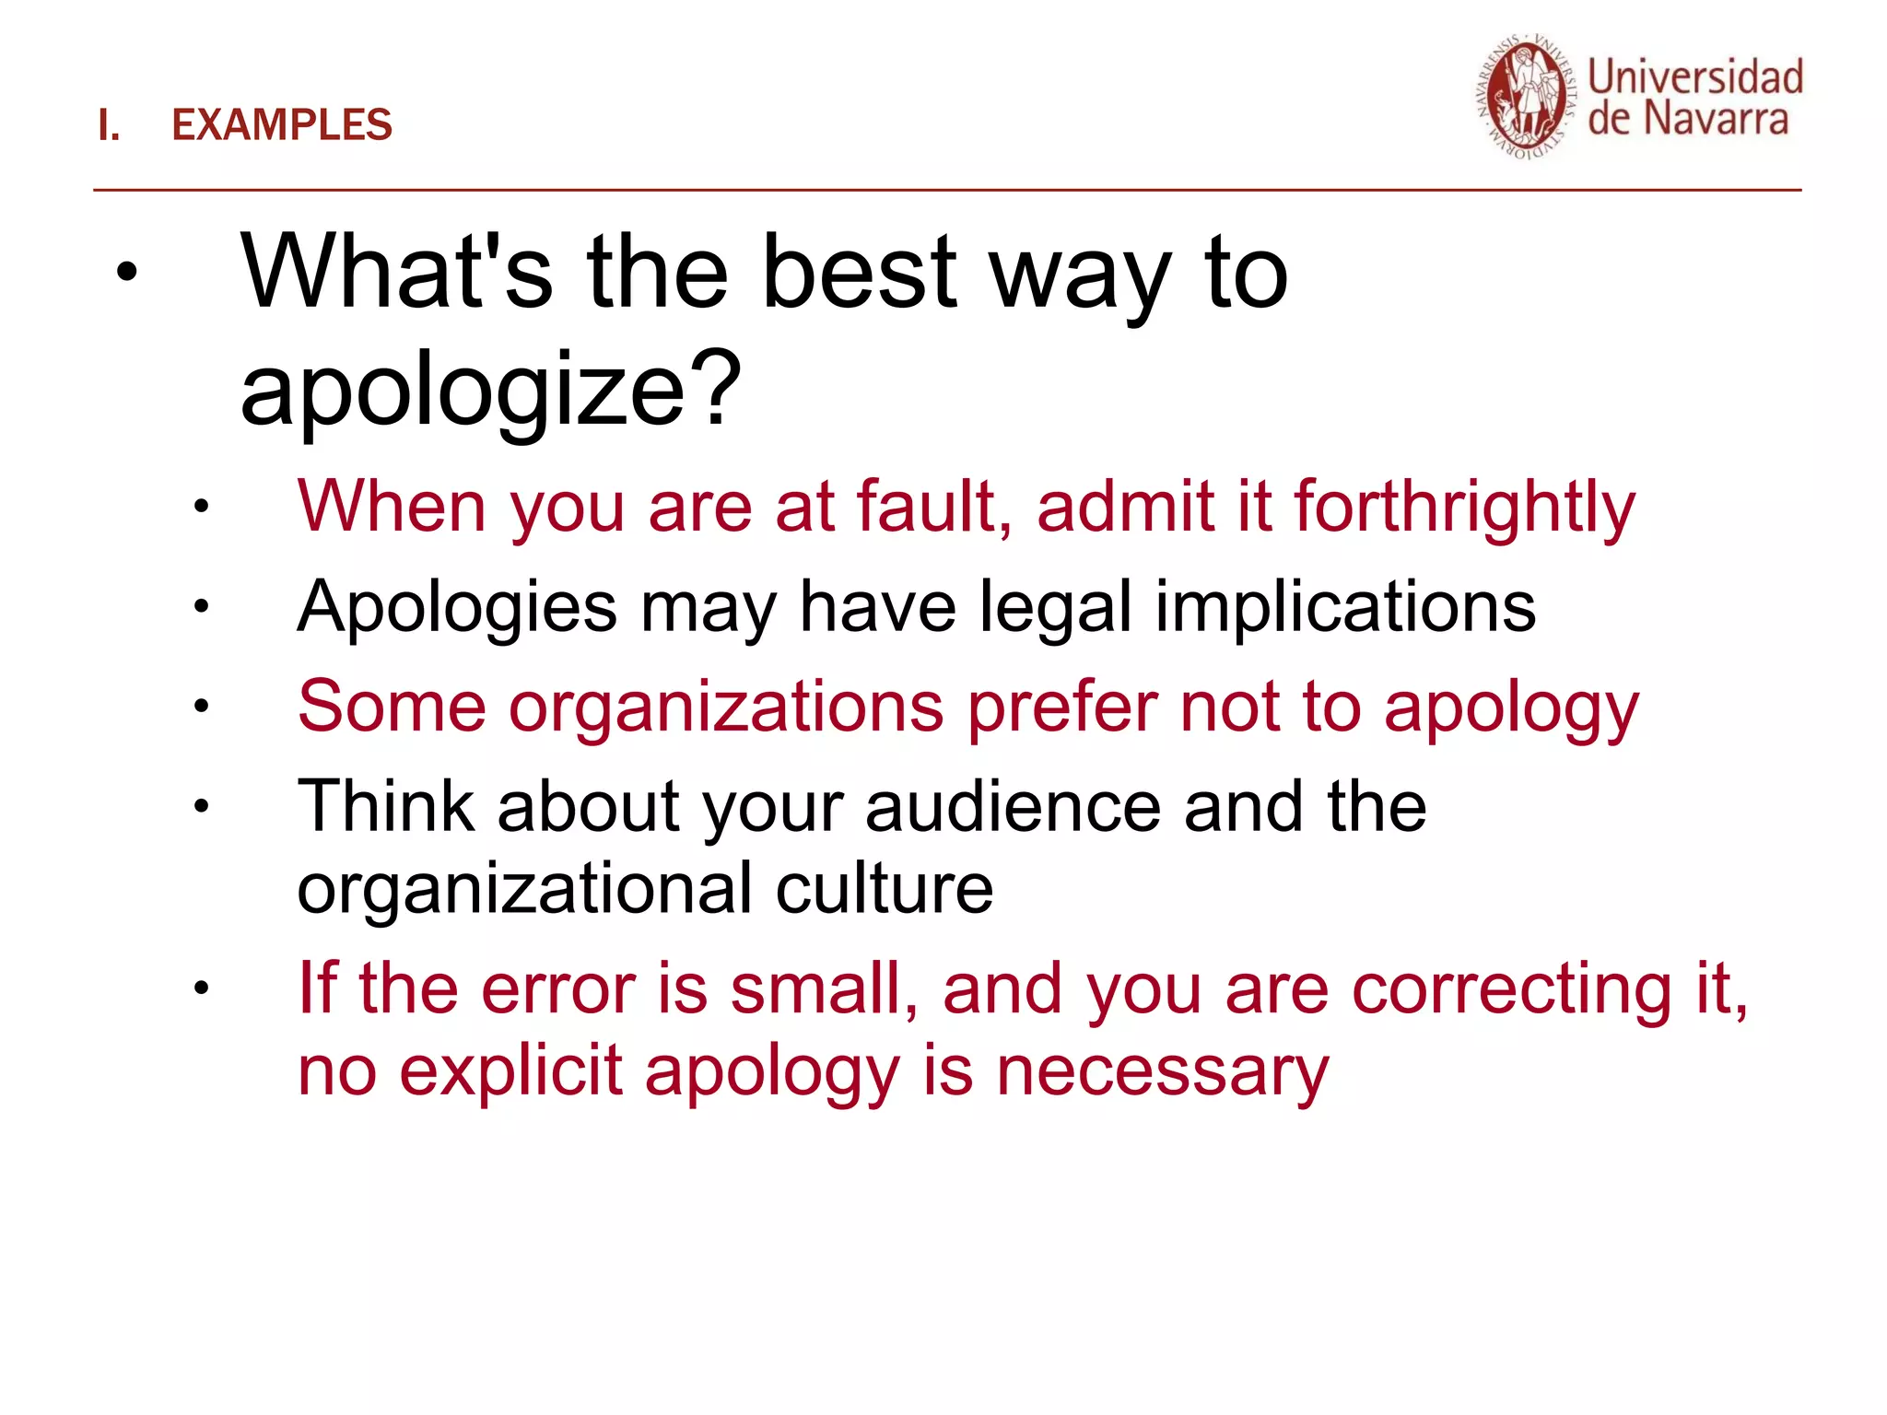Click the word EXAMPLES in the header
282,125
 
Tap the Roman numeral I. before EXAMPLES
109,125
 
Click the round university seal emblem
1527,98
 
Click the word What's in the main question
396,272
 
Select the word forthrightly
1464,509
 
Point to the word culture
884,889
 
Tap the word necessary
1163,1073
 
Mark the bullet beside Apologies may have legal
202,607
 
